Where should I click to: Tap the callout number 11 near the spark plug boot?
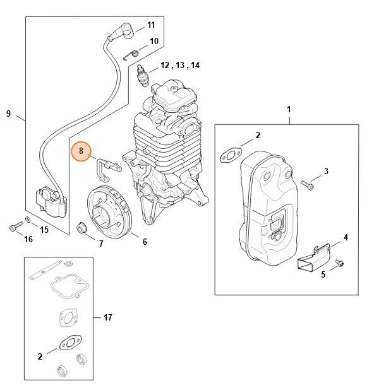click(151, 25)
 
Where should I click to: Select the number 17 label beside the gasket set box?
click(108, 317)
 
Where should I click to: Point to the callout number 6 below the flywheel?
click(144, 242)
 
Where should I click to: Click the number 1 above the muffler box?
click(289, 110)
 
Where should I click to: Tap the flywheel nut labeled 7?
click(81, 227)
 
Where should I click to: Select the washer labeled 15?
click(28, 219)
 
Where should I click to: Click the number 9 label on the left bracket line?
click(8, 114)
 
